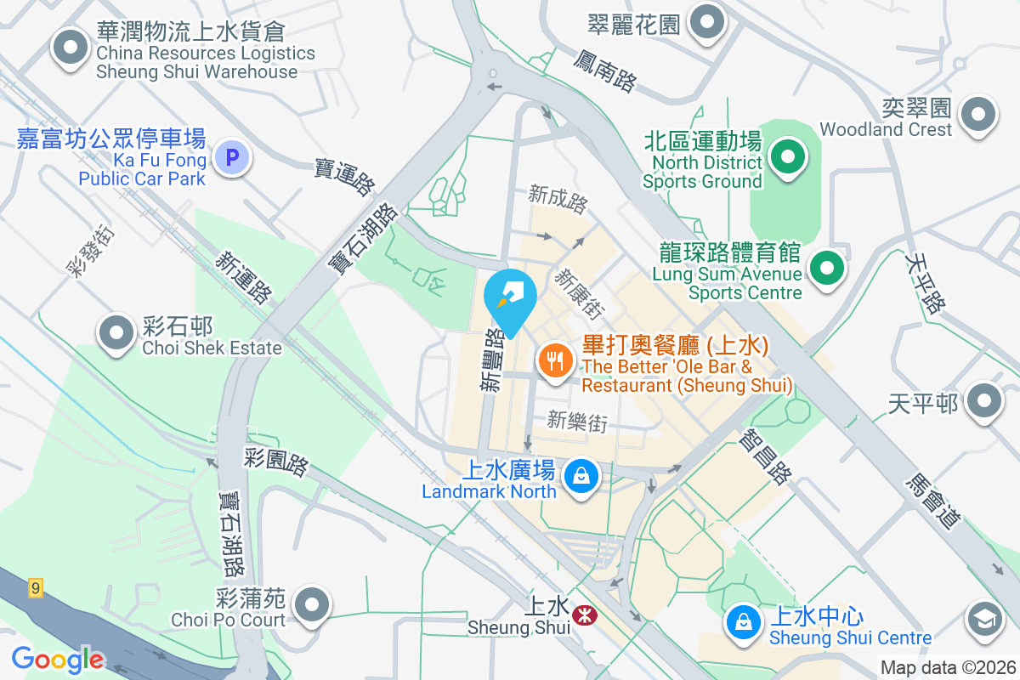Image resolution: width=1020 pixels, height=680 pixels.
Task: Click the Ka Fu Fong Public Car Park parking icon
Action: pyautogui.click(x=231, y=157)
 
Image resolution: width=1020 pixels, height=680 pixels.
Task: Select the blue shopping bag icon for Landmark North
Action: pyautogui.click(x=581, y=475)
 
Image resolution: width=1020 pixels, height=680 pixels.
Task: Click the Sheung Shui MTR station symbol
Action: pyautogui.click(x=584, y=613)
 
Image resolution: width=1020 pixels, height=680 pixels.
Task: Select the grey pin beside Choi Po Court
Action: pyautogui.click(x=311, y=605)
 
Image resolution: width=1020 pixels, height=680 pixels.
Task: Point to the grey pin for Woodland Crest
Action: pyautogui.click(x=977, y=114)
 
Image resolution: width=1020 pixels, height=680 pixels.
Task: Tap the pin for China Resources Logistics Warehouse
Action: pyautogui.click(x=71, y=48)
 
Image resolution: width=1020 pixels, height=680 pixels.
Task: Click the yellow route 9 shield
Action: pyautogui.click(x=35, y=588)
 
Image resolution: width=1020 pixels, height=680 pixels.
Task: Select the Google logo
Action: pyautogui.click(x=57, y=660)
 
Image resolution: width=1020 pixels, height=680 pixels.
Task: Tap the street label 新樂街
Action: pyautogui.click(x=577, y=421)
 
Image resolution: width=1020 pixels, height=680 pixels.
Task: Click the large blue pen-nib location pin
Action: pyautogui.click(x=510, y=297)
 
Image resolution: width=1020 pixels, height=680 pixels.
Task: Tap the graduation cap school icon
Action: pyautogui.click(x=986, y=620)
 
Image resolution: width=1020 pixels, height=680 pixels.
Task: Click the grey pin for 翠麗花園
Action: pyautogui.click(x=706, y=22)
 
